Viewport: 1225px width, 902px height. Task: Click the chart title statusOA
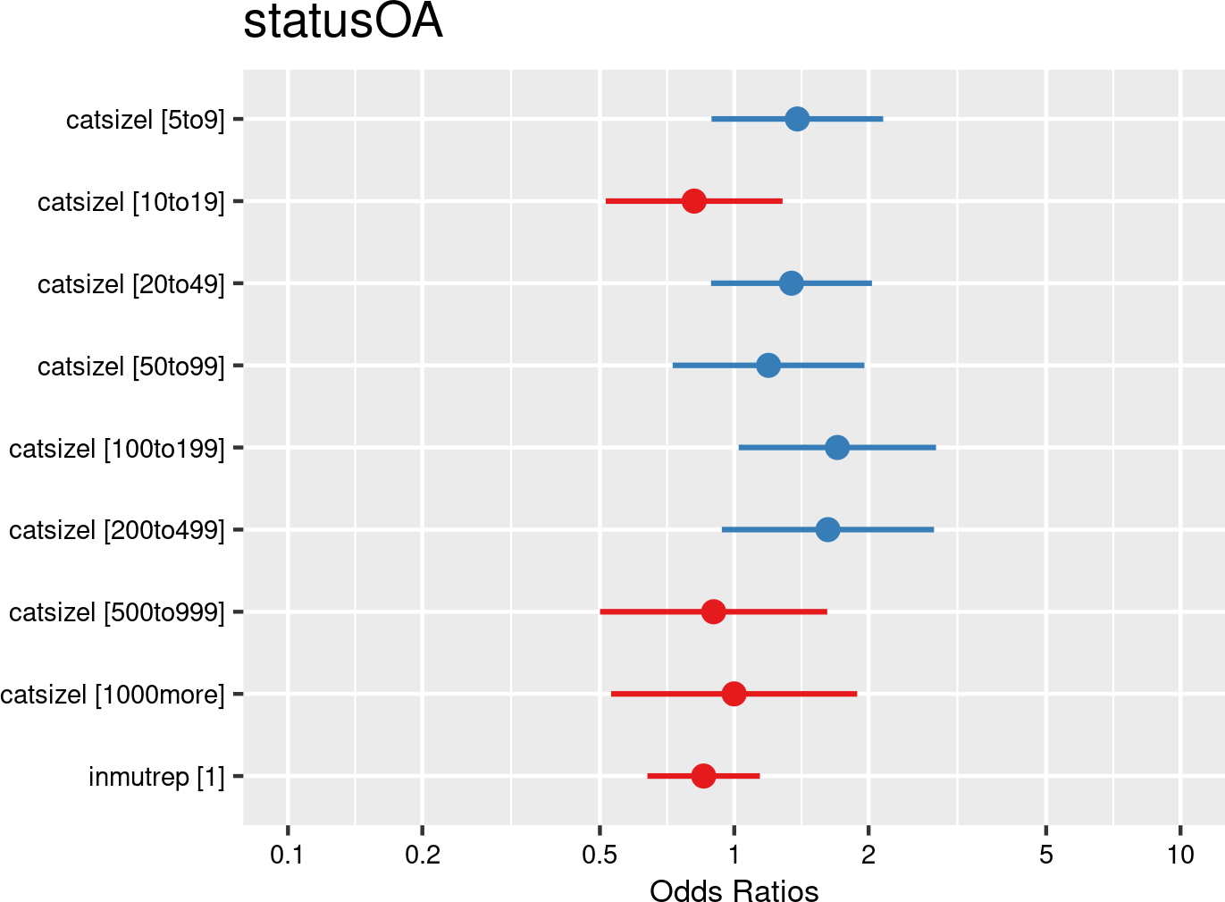pos(342,22)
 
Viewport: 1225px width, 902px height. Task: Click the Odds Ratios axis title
pos(734,890)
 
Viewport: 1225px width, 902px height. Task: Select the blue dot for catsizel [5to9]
pos(797,119)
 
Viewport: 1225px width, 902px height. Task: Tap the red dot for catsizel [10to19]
pos(693,201)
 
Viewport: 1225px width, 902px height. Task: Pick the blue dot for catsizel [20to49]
pos(791,283)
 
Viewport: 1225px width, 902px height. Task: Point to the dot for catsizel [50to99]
pos(768,366)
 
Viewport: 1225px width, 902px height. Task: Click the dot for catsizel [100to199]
pos(837,447)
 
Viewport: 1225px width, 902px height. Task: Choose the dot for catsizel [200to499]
pos(827,529)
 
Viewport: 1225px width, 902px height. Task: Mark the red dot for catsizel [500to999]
pos(713,611)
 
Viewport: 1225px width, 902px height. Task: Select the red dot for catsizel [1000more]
pos(734,694)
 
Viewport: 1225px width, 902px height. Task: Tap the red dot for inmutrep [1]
pos(703,776)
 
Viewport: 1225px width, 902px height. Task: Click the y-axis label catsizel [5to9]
pos(146,120)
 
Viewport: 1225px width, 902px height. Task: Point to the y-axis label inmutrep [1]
pos(156,777)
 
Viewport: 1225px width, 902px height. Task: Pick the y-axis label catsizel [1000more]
pos(113,695)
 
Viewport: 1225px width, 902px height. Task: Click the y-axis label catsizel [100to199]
pos(117,448)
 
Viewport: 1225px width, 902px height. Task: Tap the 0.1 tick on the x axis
pos(288,855)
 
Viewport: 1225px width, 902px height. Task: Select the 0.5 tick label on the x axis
pos(600,855)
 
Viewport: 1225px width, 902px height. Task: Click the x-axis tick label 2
pos(868,855)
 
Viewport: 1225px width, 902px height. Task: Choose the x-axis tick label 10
pos(1180,855)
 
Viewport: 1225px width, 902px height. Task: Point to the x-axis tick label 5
pos(1046,855)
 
